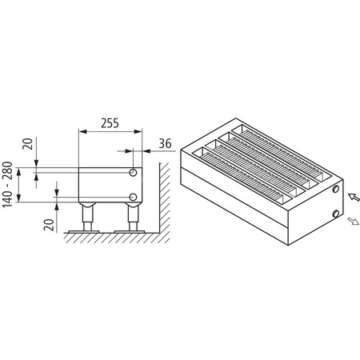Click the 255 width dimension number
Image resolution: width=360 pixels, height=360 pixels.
pyautogui.click(x=110, y=124)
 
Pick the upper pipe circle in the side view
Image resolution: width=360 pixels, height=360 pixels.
pyautogui.click(x=133, y=172)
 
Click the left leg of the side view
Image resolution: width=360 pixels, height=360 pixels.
pyautogui.click(x=87, y=216)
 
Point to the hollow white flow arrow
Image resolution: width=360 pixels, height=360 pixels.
pyautogui.click(x=353, y=222)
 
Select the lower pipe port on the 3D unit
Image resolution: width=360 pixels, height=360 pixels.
pyautogui.click(x=334, y=214)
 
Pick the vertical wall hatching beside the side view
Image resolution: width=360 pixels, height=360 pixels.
pyautogui.click(x=162, y=200)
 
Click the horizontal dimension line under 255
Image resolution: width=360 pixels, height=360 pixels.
pyautogui.click(x=110, y=133)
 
